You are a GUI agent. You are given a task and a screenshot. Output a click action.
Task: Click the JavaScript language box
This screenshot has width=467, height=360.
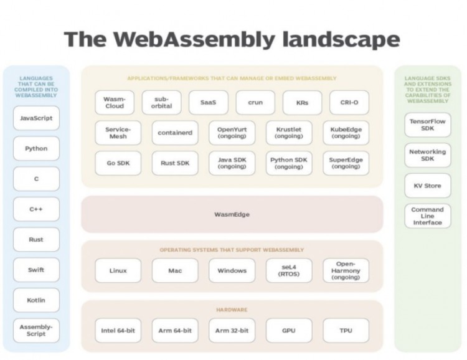tap(36, 118)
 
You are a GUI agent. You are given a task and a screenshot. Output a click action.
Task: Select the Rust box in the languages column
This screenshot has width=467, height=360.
tap(36, 239)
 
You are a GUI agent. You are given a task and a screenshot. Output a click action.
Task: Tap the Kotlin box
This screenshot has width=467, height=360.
tap(36, 300)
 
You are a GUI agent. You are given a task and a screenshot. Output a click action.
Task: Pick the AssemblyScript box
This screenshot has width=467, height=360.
tap(36, 330)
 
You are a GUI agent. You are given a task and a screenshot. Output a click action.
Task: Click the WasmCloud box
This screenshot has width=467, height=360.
tap(115, 102)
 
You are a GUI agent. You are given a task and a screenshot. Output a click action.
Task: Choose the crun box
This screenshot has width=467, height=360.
tap(255, 102)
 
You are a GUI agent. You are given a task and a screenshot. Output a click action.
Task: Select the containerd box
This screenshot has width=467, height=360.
tap(175, 133)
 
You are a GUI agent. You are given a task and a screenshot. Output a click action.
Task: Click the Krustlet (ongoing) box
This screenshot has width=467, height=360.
tap(289, 133)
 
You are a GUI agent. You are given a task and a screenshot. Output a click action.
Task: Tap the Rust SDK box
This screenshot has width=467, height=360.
tap(175, 163)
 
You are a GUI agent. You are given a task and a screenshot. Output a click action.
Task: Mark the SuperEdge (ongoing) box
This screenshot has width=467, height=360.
tap(346, 163)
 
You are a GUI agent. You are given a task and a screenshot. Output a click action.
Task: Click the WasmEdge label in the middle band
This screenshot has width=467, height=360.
tap(232, 214)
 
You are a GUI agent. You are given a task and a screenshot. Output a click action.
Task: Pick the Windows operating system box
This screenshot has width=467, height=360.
tap(232, 270)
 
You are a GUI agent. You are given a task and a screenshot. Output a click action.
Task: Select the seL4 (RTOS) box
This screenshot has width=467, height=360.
tap(289, 270)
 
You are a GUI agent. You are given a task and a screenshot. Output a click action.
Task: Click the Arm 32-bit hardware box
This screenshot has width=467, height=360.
tap(232, 330)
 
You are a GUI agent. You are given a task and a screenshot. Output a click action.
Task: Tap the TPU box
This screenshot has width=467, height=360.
tap(346, 330)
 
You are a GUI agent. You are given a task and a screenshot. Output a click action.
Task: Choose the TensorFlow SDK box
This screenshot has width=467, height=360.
tap(428, 125)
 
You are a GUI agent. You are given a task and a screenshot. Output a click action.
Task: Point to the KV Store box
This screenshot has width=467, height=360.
tap(428, 185)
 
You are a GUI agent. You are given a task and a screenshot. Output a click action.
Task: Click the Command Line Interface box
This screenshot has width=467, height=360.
tap(428, 216)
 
